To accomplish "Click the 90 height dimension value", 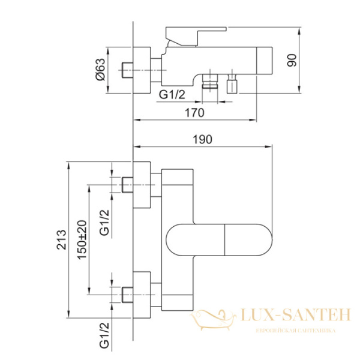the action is (x=292, y=61).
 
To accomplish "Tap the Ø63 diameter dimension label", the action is (x=100, y=70).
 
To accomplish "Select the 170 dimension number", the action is (x=194, y=113).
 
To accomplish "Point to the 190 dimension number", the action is (x=203, y=140).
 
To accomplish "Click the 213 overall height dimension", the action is (x=61, y=239).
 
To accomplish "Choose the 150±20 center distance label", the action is (x=82, y=240).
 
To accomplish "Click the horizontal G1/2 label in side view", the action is (x=172, y=94).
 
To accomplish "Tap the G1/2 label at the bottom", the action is (x=104, y=335).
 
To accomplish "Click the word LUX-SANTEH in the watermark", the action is (x=295, y=315).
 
